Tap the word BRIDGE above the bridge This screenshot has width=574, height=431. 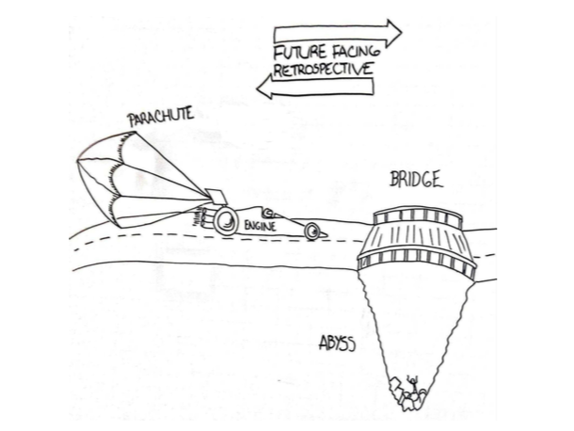pos(415,181)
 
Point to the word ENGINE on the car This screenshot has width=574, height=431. pos(259,227)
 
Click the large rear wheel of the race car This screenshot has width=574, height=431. pos(227,222)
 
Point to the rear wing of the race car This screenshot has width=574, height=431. pos(215,197)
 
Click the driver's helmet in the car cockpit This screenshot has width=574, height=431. pos(268,213)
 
